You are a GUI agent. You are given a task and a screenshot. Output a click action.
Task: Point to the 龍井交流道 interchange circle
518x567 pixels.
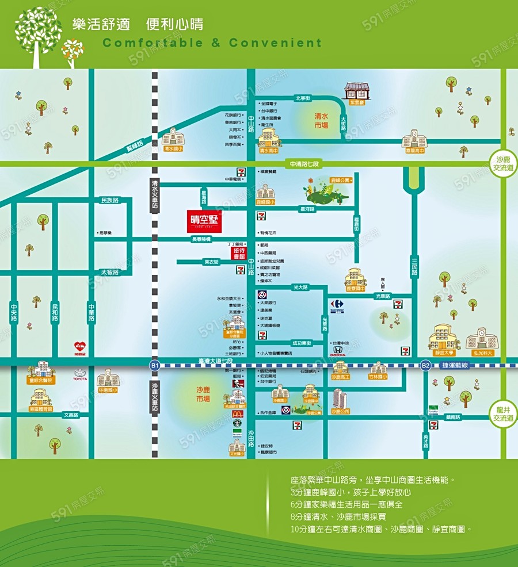click(x=503, y=413)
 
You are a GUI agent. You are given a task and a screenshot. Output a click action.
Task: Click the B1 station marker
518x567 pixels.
click(x=154, y=365)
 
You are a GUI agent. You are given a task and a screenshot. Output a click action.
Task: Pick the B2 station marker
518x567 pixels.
click(x=425, y=365)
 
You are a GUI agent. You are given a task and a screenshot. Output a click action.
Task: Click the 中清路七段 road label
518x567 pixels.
click(x=304, y=164)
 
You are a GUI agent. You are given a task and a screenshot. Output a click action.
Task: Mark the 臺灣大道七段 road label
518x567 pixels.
click(x=213, y=361)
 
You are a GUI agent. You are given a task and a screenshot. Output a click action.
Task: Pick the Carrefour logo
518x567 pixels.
click(x=337, y=305)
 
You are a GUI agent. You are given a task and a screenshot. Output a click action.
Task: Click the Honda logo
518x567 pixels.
click(x=337, y=350)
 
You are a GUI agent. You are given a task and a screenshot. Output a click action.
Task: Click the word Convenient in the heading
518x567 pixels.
click(x=275, y=43)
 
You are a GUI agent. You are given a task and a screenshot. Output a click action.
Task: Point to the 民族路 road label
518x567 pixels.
click(x=109, y=200)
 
